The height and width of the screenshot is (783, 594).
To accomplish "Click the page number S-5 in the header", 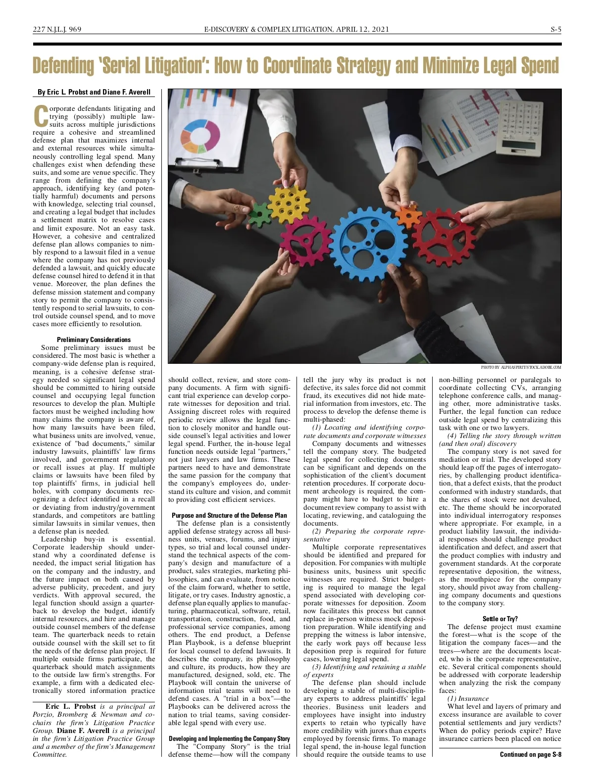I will [x=556, y=29].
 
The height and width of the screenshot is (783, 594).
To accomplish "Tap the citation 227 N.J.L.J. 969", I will [x=57, y=29].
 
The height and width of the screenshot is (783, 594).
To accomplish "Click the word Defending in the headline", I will [x=63, y=66].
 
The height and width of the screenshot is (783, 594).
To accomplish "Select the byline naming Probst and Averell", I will [x=94, y=92].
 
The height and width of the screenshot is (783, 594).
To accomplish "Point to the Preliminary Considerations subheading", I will [x=94, y=340].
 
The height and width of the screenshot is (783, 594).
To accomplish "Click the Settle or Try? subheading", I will [x=500, y=619].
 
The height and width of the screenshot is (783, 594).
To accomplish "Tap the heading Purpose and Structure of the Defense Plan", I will [x=229, y=515].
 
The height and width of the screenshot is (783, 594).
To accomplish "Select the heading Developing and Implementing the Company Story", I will [x=229, y=738].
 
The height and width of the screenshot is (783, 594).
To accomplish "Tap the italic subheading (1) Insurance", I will [x=461, y=698].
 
